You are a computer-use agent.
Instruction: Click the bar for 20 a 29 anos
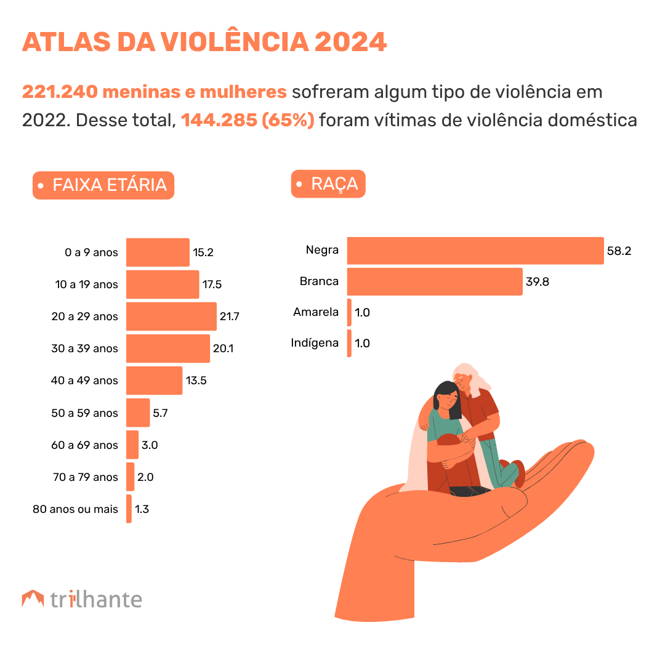(x=171, y=316)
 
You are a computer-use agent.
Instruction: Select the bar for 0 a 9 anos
(x=158, y=252)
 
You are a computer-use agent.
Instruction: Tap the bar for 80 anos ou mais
(x=129, y=509)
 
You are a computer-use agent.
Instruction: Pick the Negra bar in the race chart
(x=475, y=251)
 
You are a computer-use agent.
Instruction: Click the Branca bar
(x=435, y=281)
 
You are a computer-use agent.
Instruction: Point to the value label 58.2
(x=619, y=251)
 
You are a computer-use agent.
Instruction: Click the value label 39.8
(x=538, y=282)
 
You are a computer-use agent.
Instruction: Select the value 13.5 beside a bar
(x=196, y=381)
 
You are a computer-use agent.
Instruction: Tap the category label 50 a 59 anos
(x=84, y=413)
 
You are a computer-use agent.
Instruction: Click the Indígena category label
(x=315, y=343)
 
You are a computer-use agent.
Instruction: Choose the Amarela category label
(x=316, y=312)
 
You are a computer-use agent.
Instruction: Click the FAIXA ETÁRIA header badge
(x=103, y=185)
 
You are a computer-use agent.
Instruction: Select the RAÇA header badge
(x=328, y=184)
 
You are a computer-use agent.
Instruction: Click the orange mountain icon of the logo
(x=33, y=598)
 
